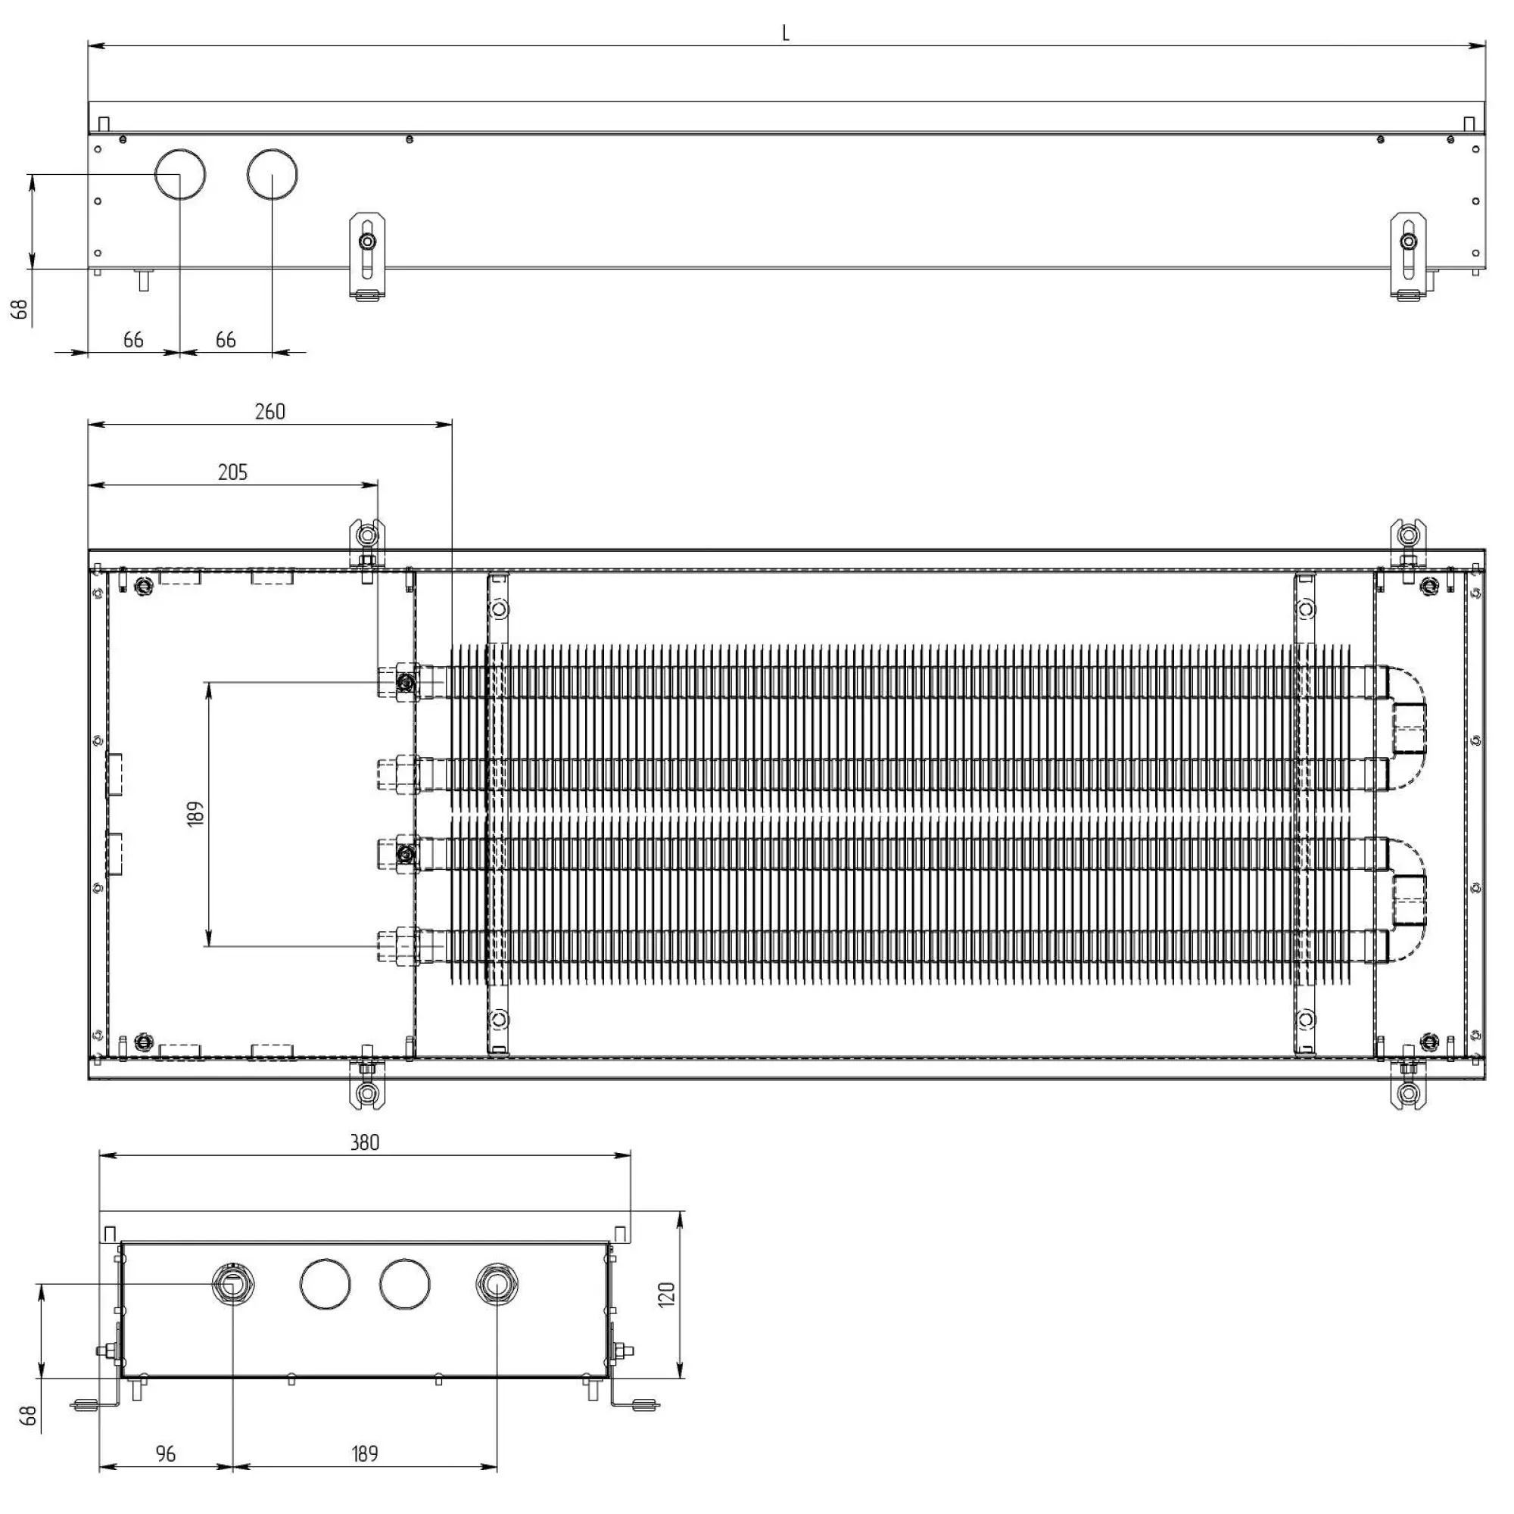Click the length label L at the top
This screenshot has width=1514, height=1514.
click(785, 33)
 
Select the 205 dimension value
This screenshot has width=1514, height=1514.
click(232, 472)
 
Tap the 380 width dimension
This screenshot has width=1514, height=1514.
click(364, 1142)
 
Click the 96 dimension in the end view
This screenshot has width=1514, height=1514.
click(166, 1454)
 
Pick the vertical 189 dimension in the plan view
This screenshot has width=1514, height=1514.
click(196, 812)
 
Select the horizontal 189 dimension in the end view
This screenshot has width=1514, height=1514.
click(364, 1454)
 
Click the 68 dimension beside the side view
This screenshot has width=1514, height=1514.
click(20, 309)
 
